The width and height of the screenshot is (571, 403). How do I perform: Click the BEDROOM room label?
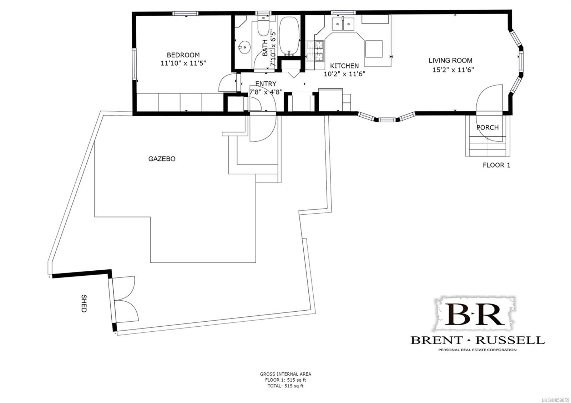click(x=183, y=55)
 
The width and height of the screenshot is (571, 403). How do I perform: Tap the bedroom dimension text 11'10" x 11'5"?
click(x=183, y=63)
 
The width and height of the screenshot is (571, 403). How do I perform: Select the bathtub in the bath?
click(x=289, y=36)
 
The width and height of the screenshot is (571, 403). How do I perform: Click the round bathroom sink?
click(x=244, y=47)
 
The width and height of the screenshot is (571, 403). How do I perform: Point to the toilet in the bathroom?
click(x=263, y=26)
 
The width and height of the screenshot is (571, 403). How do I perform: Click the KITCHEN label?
click(x=344, y=66)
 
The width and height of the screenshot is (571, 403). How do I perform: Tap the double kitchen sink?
click(x=343, y=24)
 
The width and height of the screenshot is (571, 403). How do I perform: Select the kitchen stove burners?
click(x=315, y=51)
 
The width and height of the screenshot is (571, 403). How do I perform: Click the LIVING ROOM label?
click(x=450, y=60)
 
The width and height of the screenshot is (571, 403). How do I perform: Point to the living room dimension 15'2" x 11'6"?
click(x=453, y=70)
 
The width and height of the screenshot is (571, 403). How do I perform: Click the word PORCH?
click(x=487, y=127)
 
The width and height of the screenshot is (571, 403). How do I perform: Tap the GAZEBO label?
click(x=162, y=159)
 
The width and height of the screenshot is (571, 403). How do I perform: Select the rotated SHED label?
click(x=84, y=303)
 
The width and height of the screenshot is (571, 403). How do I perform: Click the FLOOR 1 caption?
click(x=496, y=165)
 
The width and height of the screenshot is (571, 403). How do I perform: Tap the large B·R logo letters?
click(x=475, y=314)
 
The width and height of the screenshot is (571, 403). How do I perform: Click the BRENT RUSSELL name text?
click(x=477, y=340)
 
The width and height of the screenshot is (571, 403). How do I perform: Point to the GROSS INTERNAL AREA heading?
click(x=285, y=374)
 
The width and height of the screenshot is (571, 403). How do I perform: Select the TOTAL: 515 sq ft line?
click(x=285, y=386)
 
